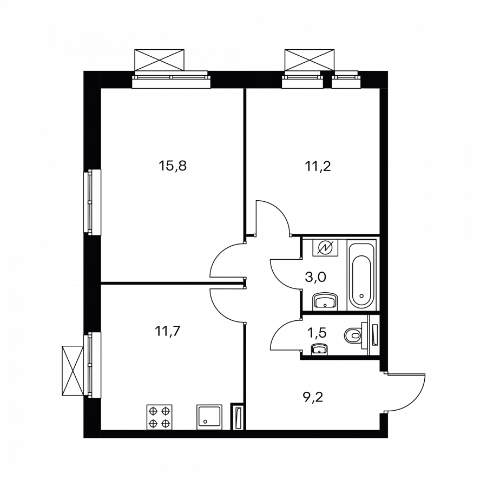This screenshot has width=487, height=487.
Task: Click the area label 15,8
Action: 173,166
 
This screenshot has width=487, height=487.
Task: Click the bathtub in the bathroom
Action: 360,274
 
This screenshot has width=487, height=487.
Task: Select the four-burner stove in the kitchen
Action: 160,417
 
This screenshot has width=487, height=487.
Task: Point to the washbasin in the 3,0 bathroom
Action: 325,301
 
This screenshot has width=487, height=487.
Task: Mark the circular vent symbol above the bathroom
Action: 325,248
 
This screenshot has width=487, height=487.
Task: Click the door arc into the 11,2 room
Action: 273,216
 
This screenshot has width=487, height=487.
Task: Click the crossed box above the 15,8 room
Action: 161,60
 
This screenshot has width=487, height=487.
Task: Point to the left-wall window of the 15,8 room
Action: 94,202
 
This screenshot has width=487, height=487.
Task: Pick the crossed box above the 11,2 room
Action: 308,60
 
